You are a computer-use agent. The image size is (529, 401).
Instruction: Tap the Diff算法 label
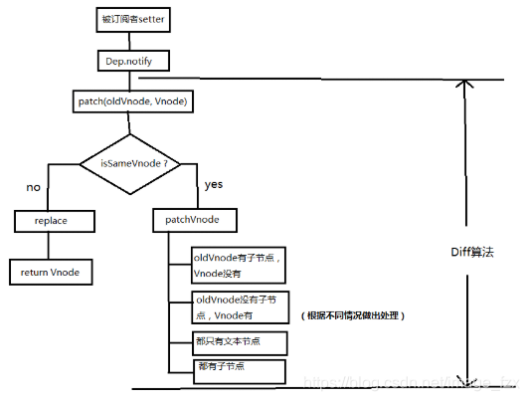[x=474, y=251]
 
